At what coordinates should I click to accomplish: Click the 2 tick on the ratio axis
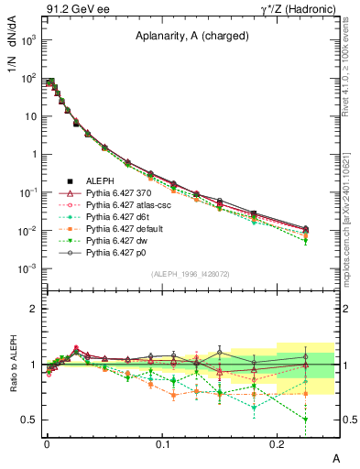[x=36, y=309]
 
